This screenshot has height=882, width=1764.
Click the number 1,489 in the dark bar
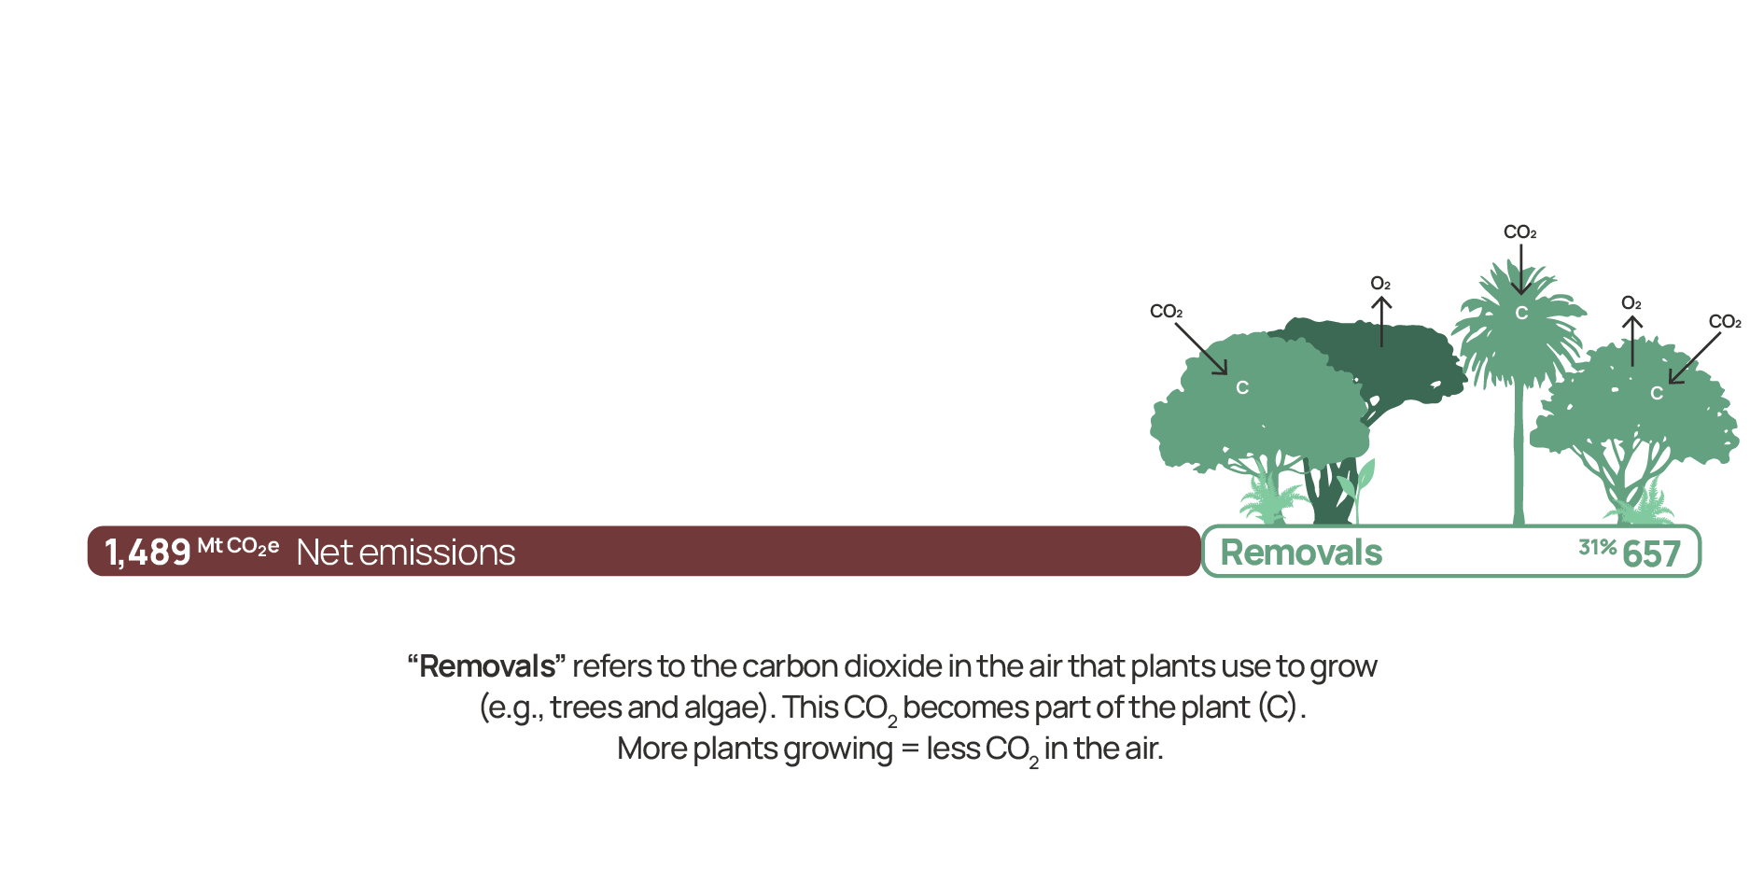pyautogui.click(x=147, y=553)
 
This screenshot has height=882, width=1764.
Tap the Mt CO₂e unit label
pyautogui.click(x=238, y=546)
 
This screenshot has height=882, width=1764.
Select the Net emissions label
pyautogui.click(x=406, y=553)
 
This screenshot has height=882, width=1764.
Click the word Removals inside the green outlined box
pyautogui.click(x=1301, y=553)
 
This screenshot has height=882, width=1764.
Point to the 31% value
pyautogui.click(x=1597, y=547)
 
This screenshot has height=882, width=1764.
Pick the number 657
pyautogui.click(x=1651, y=553)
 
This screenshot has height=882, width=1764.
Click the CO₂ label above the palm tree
pyautogui.click(x=1519, y=232)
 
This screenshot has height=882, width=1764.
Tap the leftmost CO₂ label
pyautogui.click(x=1166, y=312)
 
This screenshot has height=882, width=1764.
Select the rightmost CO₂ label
pyautogui.click(x=1725, y=322)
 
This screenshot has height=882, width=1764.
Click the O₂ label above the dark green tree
pyautogui.click(x=1380, y=284)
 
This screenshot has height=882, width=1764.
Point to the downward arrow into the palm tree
pyautogui.click(x=1520, y=270)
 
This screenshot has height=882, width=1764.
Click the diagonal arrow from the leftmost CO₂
pyautogui.click(x=1200, y=349)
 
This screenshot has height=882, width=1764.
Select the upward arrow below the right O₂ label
pyautogui.click(x=1631, y=341)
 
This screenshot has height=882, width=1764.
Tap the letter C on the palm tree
pyautogui.click(x=1521, y=314)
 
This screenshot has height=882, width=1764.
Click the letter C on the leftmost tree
pyautogui.click(x=1242, y=387)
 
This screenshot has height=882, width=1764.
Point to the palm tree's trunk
pyautogui.click(x=1519, y=448)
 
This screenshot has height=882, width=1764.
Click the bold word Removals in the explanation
pyautogui.click(x=486, y=666)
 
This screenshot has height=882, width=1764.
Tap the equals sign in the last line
pyautogui.click(x=910, y=749)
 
